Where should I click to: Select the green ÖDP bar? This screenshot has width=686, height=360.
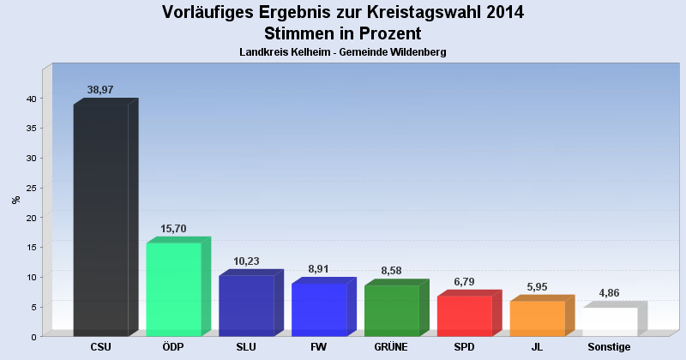pos(173,289)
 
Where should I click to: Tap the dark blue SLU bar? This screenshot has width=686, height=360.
pos(246,305)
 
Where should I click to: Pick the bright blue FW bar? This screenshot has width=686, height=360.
pos(319,309)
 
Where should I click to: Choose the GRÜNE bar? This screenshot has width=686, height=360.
pos(392,310)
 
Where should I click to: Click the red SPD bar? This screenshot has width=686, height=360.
pos(465,315)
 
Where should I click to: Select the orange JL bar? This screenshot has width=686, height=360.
pos(538,318)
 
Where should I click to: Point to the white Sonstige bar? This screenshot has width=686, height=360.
pos(611,321)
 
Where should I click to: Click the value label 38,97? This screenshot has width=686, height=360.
pos(101,89)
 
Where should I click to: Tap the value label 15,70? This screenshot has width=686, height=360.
pos(174,229)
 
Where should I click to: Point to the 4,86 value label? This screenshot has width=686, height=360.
pos(611,293)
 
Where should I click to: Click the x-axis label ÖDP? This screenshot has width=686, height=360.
pos(173,347)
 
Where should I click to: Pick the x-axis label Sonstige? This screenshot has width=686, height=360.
pos(610,347)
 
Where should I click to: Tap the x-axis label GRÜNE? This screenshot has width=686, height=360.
pos(391,347)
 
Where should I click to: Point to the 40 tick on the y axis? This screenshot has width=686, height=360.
pos(30,99)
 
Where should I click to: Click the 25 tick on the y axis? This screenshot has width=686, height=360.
pos(30,188)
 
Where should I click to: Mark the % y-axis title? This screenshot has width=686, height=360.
pos(15,200)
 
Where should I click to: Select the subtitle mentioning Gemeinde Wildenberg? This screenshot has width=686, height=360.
pos(343,52)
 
